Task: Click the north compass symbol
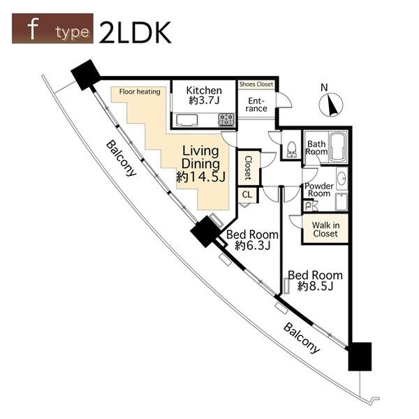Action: tap(331, 105)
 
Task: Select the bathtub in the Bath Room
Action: tap(338, 147)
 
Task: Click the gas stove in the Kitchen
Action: tap(226, 119)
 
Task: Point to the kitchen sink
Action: tap(187, 120)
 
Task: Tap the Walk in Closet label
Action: tap(325, 229)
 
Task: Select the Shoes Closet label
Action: tap(256, 84)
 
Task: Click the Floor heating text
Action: tap(140, 91)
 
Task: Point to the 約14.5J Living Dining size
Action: tap(201, 177)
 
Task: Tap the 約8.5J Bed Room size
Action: tap(316, 286)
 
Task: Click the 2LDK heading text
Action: tap(135, 32)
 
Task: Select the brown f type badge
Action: tap(52, 29)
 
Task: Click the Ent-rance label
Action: tap(256, 105)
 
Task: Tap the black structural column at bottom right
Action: tap(360, 356)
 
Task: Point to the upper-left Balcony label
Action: tap(122, 159)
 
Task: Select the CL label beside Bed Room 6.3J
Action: tap(247, 195)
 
